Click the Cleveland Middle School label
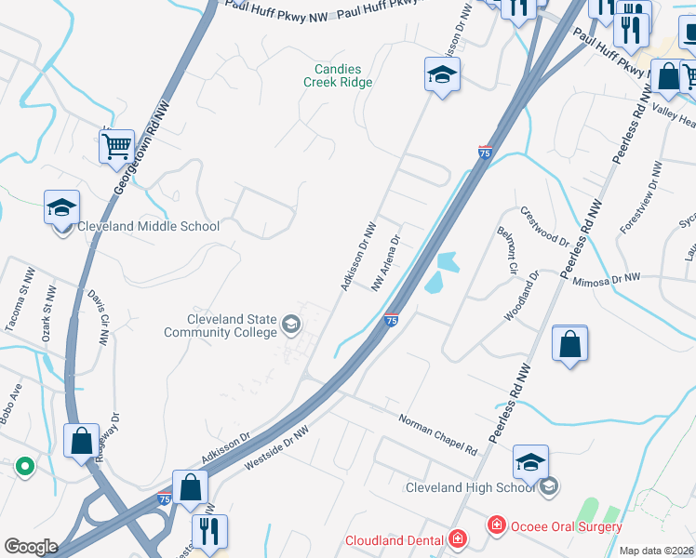pyautogui.click(x=149, y=226)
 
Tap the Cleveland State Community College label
pyautogui.click(x=220, y=325)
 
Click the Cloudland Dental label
pyautogui.click(x=395, y=539)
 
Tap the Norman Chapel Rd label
pyautogui.click(x=437, y=434)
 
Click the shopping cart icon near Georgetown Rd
pyautogui.click(x=116, y=145)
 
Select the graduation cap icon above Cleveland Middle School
pyautogui.click(x=61, y=206)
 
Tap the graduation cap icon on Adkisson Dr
pyautogui.click(x=442, y=74)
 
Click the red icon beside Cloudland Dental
pyautogui.click(x=457, y=539)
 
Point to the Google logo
pyautogui.click(x=31, y=547)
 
